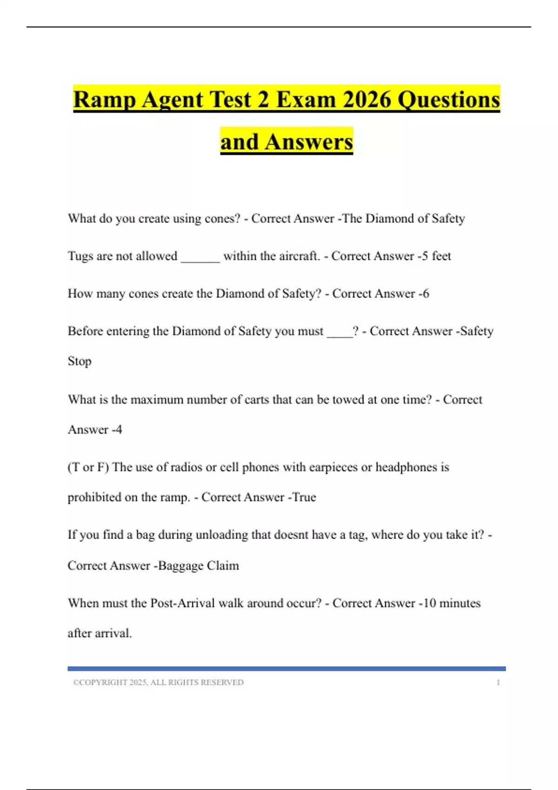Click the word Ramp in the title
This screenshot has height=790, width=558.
coord(104,100)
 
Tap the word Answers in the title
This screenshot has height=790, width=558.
coord(309,142)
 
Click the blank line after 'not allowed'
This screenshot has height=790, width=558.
coord(200,258)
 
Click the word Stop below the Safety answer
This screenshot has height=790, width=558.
coord(80,361)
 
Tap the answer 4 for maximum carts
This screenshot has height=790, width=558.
coord(119,429)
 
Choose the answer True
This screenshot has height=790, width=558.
coord(304,497)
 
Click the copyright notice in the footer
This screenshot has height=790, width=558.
coord(158,682)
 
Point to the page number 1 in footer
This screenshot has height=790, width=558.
coord(498,682)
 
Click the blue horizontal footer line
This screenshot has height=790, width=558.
coord(286,669)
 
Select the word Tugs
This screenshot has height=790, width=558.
coord(80,256)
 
